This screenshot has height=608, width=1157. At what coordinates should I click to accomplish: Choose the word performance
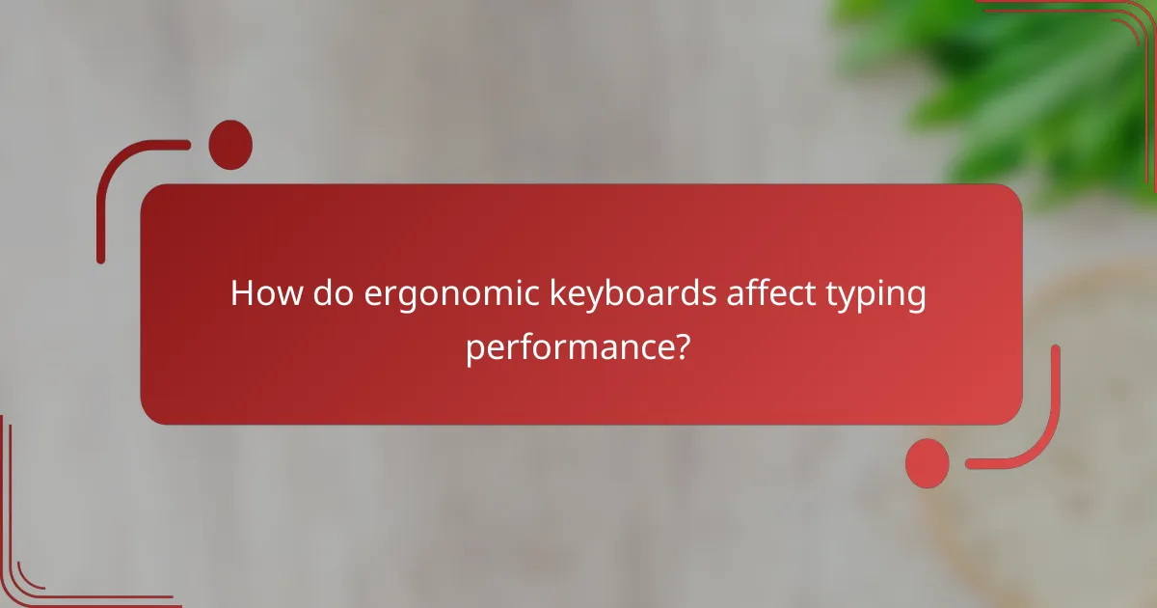[x=568, y=347]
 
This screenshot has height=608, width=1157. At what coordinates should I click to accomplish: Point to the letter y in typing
[x=853, y=299]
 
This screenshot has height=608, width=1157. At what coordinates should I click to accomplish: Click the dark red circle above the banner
[x=230, y=144]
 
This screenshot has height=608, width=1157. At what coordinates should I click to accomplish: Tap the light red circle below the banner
[x=927, y=462]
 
